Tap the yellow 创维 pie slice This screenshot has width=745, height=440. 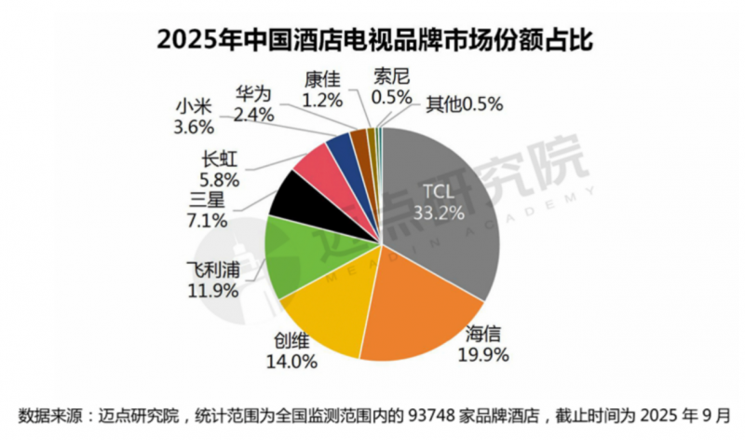click(326, 317)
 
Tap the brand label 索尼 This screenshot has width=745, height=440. click(390, 76)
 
